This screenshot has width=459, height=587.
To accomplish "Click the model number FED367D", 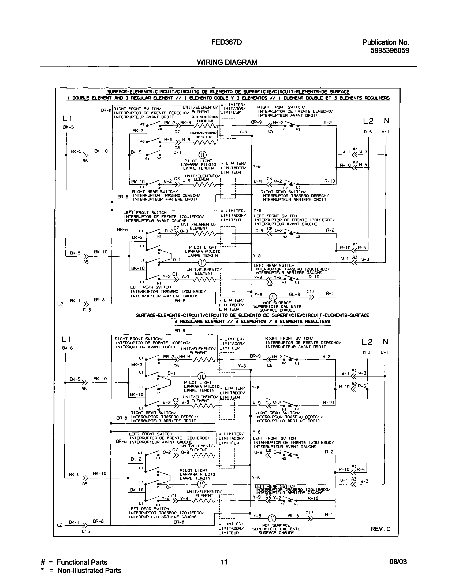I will point(226,42).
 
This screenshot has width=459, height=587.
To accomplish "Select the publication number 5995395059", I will point(389,51).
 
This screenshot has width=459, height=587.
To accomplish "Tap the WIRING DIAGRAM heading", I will point(227,62).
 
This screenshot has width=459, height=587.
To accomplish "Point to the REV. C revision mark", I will point(380,529).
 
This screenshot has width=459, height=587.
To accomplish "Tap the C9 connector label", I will point(271,131).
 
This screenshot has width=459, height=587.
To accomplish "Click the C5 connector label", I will point(176,366).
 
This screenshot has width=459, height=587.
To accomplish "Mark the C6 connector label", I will point(270,366).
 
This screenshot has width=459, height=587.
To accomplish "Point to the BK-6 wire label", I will point(67,348).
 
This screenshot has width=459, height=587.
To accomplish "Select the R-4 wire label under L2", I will point(367,353).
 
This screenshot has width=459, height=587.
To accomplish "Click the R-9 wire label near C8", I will point(186,139).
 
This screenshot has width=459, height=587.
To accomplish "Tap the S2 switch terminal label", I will point(159,158).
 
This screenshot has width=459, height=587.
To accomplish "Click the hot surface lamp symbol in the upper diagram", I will point(273,297).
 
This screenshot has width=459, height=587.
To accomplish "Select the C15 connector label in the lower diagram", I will point(86,531).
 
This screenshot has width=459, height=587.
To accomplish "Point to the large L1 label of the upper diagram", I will point(67,119).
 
